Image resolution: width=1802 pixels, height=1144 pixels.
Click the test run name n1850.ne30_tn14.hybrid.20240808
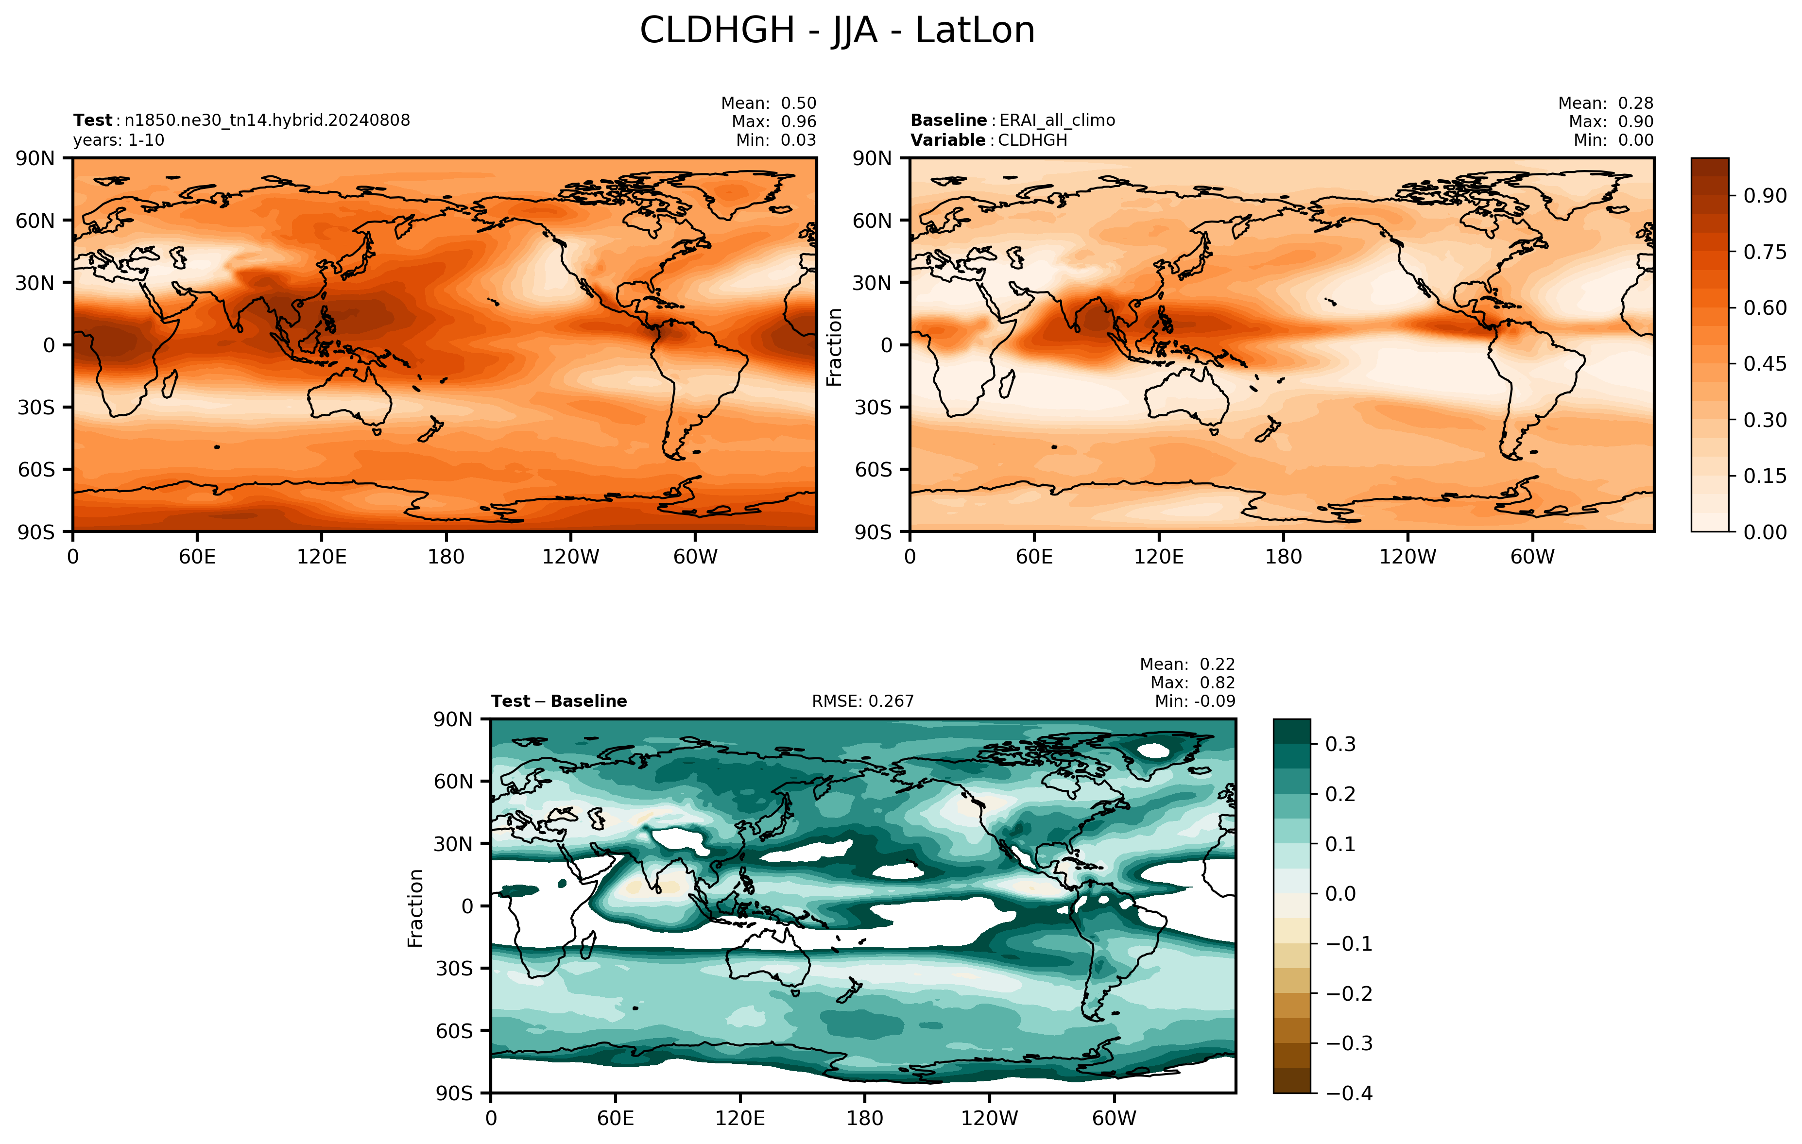(267, 120)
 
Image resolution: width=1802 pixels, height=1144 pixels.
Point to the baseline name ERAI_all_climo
(1057, 120)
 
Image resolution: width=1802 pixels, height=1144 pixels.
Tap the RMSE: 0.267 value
(863, 701)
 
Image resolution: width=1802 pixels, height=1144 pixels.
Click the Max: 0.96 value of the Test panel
(774, 121)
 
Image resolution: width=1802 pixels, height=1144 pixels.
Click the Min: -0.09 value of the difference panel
(1195, 701)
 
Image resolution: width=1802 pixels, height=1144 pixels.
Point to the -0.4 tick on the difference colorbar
(1349, 1093)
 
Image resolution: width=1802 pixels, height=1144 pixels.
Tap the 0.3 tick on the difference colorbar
(1340, 745)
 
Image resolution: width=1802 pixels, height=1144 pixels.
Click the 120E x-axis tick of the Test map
(322, 557)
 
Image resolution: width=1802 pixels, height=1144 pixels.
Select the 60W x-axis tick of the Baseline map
(1532, 557)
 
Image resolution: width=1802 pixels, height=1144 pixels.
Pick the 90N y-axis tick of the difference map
(453, 720)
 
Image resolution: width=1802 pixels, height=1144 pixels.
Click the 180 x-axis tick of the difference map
(865, 1119)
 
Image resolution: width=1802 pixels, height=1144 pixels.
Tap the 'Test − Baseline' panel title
(559, 701)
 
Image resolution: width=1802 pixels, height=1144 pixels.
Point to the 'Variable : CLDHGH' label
(989, 140)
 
